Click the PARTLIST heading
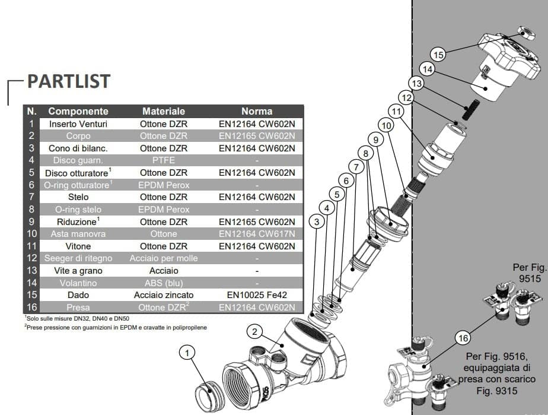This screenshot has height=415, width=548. point(69,81)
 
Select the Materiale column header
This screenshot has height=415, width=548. point(164,111)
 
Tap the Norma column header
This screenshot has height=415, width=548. point(257,111)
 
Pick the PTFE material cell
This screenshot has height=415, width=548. point(164,160)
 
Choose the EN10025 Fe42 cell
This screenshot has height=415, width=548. point(257,294)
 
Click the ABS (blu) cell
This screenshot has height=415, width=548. point(164,283)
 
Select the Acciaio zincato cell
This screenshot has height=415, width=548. point(164,294)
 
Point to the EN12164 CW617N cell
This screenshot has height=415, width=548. point(257,233)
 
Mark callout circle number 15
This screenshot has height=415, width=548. point(439,55)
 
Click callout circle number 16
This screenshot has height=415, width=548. point(464,339)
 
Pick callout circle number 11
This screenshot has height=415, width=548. point(396,110)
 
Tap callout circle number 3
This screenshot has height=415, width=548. point(317,221)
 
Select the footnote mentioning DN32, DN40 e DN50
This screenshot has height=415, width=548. point(74,318)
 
